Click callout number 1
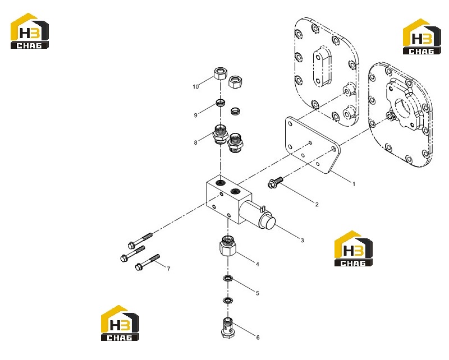point(354,184)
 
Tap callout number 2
point(317,204)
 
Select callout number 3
point(302,240)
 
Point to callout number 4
point(257,264)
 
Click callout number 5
point(258,293)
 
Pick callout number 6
point(258,338)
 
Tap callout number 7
point(169,269)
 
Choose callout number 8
point(195,142)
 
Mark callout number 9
point(195,115)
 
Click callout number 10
point(195,86)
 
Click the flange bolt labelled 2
point(275,182)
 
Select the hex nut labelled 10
point(221,73)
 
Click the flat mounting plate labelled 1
point(312,145)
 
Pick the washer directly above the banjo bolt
point(228,301)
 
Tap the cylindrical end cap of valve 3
point(267,221)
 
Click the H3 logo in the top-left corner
point(30,31)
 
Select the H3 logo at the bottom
point(120,323)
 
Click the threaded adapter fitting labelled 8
point(220,134)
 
